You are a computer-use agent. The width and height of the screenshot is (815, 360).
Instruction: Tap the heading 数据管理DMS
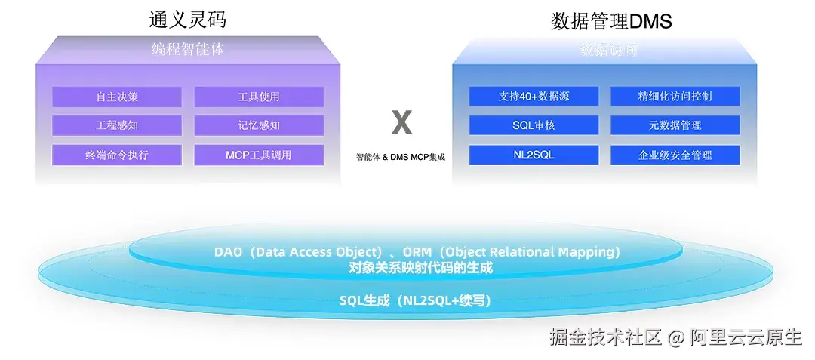pos(611,20)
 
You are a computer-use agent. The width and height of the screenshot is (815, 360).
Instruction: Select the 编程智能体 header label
pos(188,50)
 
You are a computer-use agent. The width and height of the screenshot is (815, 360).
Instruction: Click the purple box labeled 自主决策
pos(117,97)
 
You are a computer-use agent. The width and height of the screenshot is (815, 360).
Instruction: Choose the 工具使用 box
pos(259,97)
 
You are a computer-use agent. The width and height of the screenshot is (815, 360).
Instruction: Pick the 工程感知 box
pos(117,125)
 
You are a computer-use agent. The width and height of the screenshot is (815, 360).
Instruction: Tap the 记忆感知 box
pos(259,125)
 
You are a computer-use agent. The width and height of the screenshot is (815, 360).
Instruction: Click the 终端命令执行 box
pos(117,155)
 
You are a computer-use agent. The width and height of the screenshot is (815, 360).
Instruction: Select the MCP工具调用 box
pos(259,155)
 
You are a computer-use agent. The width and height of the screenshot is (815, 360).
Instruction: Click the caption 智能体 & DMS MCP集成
pos(401,158)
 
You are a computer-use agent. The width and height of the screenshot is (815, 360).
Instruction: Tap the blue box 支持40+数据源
pos(534,97)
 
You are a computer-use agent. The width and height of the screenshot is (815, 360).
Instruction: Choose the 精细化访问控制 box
pos(675,97)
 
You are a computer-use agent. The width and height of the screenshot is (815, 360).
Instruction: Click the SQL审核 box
pos(534,125)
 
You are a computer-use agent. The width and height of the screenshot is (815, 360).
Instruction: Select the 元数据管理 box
pos(675,125)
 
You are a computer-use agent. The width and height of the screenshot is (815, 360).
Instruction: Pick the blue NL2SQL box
pos(534,155)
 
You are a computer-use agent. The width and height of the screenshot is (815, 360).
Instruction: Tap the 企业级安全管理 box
pos(675,155)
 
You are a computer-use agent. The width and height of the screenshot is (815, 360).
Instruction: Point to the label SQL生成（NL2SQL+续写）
pos(415,300)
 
